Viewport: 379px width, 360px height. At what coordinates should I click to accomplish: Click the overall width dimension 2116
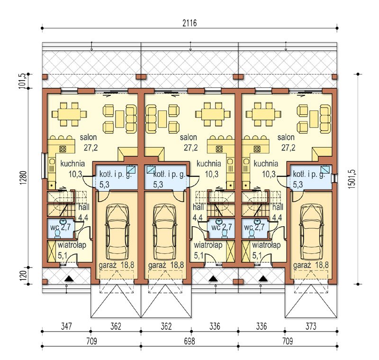189,23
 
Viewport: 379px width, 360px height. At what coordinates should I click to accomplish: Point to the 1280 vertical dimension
23,178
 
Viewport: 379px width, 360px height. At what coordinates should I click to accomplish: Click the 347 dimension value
66,326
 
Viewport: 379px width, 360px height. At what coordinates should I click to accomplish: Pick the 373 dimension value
311,326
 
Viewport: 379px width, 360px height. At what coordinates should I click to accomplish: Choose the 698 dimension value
189,341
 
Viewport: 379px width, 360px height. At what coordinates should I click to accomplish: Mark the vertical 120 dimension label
23,276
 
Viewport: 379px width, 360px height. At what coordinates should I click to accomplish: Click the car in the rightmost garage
311,232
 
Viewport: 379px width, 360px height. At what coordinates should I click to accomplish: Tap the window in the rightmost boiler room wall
334,178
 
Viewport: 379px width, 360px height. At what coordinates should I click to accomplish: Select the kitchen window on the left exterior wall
44,166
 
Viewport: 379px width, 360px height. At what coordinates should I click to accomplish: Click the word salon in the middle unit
188,138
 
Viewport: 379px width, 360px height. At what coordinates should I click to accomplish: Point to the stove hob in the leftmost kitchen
63,148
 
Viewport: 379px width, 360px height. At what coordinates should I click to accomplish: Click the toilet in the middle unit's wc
224,233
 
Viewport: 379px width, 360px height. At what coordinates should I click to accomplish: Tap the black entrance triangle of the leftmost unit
69,279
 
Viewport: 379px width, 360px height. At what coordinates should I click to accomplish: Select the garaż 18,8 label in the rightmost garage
311,265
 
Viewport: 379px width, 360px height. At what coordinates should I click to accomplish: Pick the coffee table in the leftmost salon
120,119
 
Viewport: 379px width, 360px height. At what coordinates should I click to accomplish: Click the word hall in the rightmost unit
278,207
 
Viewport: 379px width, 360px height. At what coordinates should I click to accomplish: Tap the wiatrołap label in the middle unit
208,245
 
